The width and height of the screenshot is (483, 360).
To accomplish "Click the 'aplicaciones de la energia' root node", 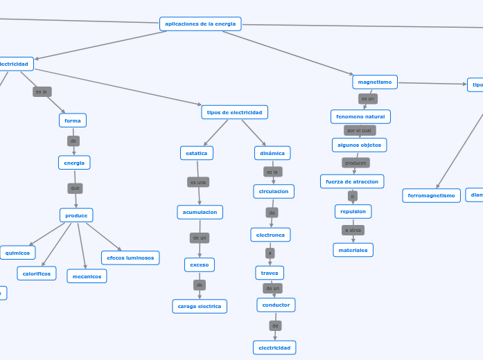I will [200, 24].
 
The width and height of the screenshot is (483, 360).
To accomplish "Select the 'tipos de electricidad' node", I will [234, 112].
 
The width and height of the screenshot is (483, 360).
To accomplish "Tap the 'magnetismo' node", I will [375, 82].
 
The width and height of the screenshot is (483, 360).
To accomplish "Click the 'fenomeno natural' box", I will [360, 116].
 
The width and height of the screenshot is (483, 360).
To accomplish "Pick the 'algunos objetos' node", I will [359, 145].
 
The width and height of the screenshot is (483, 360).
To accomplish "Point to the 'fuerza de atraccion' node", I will [352, 181].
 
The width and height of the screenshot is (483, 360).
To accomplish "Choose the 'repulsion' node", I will [353, 211].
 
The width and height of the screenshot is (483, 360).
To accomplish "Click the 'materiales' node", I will [353, 250].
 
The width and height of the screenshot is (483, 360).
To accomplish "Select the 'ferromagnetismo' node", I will [431, 196].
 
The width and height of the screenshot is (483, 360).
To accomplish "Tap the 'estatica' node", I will [197, 153].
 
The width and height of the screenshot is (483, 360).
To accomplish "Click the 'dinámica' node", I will [272, 153].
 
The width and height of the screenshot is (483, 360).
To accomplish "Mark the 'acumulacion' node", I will [200, 212].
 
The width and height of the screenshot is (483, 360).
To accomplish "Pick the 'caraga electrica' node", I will [200, 306].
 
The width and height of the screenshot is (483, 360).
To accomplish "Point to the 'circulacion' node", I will [274, 191].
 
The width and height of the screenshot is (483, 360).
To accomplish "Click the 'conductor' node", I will [276, 305].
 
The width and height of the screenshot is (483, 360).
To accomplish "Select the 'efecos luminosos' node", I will [130, 258].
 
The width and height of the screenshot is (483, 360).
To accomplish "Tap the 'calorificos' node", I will [37, 273].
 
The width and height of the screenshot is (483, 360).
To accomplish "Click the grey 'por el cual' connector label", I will [360, 130].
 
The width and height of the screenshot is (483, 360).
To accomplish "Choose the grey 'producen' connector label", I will [355, 163].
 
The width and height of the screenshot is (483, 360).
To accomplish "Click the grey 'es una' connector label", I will [198, 182].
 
